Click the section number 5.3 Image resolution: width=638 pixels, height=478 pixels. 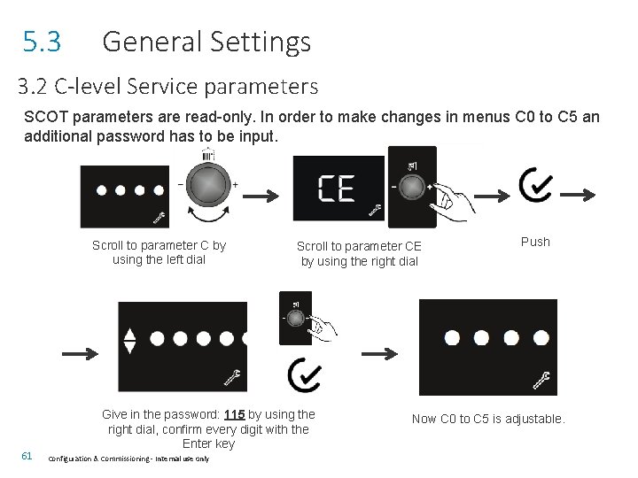coord(42,42)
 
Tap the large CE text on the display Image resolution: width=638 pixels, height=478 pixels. coord(337,189)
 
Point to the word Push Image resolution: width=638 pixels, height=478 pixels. coord(535,242)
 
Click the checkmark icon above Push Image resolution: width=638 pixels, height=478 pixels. coord(537,187)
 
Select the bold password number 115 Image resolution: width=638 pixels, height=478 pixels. coord(234,414)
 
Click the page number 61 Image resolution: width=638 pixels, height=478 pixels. coord(27,456)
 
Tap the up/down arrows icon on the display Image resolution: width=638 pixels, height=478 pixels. coord(129,341)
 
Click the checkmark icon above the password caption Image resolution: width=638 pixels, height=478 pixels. coord(304,375)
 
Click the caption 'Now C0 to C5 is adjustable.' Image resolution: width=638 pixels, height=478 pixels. coord(488,419)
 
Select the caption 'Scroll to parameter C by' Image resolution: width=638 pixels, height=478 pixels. coord(159,245)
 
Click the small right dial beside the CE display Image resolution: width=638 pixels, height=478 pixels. coord(412,188)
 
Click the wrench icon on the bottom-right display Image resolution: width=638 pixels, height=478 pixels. coord(541,381)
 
